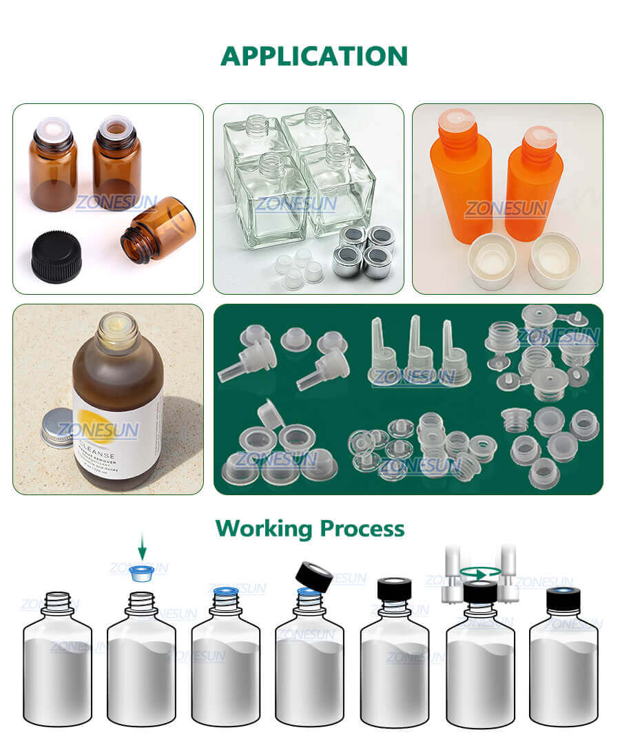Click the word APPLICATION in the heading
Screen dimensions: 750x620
tap(313, 56)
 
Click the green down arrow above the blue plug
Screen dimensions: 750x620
tap(142, 549)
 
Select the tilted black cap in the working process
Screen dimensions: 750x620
tap(314, 576)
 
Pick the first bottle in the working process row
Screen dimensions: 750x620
tap(57, 661)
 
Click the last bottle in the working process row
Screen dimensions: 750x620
tap(563, 661)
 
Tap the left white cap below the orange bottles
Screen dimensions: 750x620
tap(492, 261)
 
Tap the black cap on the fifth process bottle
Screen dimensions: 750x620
tap(395, 590)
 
